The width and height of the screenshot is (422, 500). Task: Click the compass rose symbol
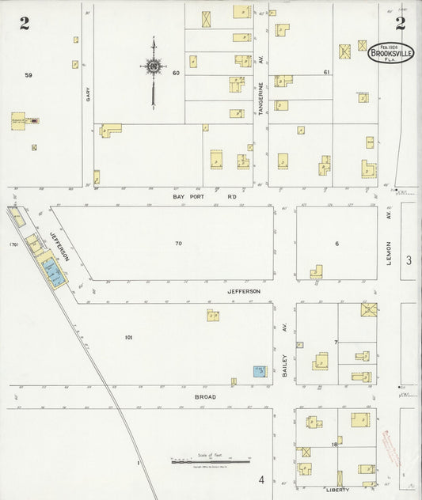(x=152, y=67)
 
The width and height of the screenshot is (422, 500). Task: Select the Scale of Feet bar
(x=210, y=460)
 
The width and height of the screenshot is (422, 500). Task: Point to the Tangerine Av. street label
(x=260, y=99)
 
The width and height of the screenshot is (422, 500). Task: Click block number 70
(x=179, y=243)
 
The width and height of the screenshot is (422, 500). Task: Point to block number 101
(x=128, y=337)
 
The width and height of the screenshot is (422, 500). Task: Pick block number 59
(x=28, y=75)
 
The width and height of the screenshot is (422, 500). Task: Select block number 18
(x=335, y=445)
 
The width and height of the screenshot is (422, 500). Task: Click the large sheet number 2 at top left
(x=25, y=23)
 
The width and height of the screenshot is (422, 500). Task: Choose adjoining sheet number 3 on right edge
(x=409, y=260)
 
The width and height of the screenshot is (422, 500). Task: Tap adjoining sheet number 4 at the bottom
(x=260, y=479)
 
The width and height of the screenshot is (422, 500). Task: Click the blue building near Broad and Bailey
(x=258, y=370)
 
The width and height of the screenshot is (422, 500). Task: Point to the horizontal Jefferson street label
(x=244, y=291)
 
